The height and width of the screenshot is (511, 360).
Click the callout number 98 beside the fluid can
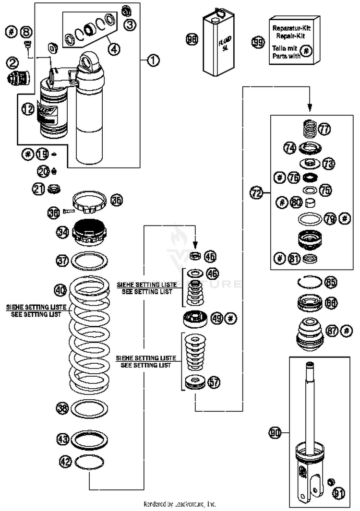[x=192, y=40]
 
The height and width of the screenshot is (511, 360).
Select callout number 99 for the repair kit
[x=258, y=42]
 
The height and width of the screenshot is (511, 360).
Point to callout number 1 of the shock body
[x=153, y=60]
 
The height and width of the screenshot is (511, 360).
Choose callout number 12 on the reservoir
[x=28, y=109]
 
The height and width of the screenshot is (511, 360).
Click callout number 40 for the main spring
[x=60, y=290]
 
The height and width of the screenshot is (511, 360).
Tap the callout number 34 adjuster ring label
[x=62, y=233]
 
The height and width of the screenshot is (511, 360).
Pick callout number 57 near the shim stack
[x=214, y=382]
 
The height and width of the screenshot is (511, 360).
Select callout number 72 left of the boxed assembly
[x=257, y=193]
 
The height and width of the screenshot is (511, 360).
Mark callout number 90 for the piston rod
[x=275, y=433]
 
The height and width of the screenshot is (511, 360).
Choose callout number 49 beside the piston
[x=217, y=318]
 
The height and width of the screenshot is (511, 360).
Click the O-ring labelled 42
[x=89, y=462]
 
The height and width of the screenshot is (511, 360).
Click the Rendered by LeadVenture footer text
[x=180, y=504]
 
